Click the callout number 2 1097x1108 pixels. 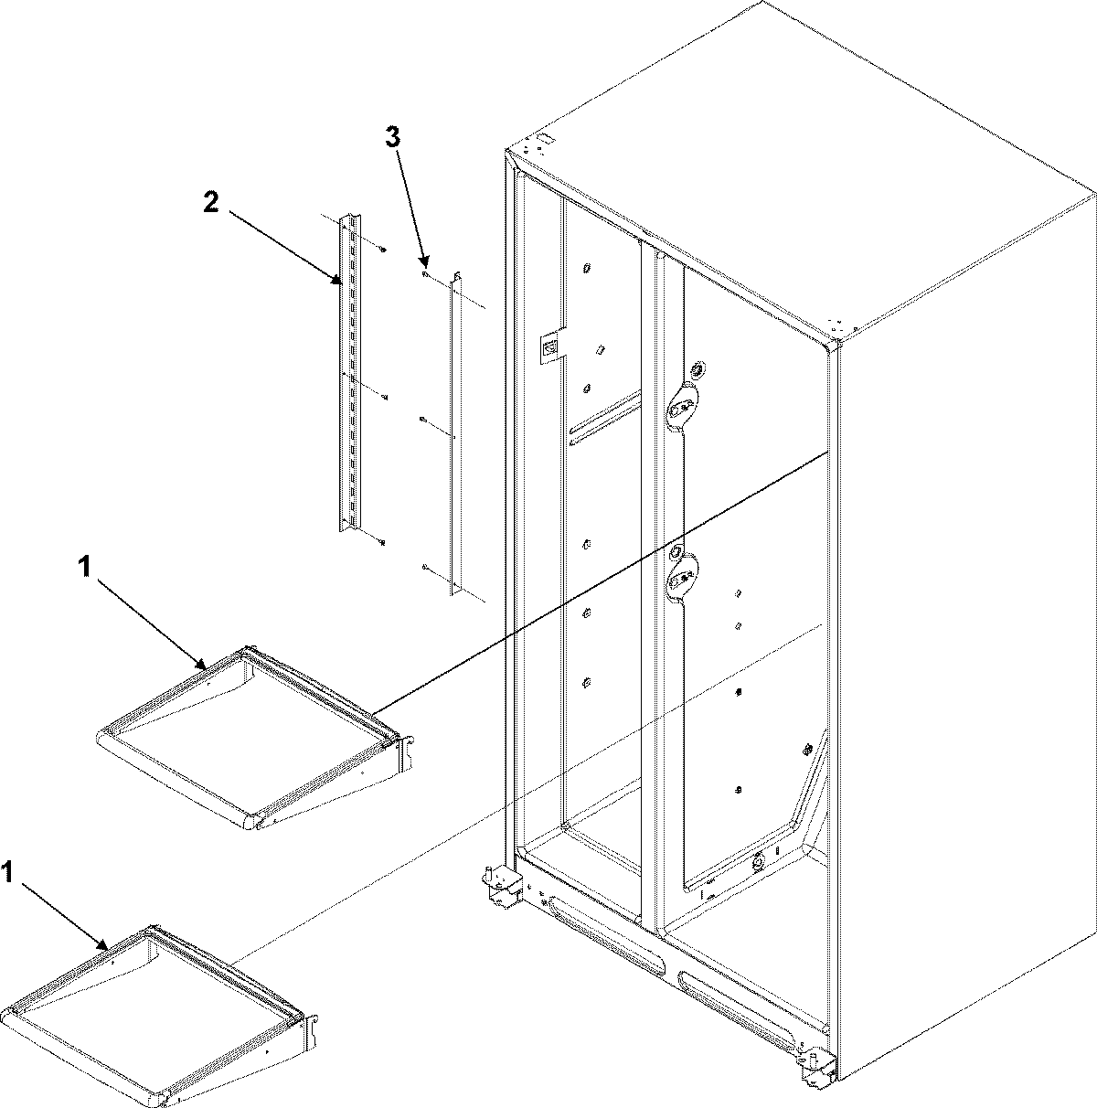click(x=211, y=204)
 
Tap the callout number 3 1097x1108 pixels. click(x=391, y=138)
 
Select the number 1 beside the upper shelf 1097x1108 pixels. click(x=83, y=569)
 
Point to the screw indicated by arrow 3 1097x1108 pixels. click(x=426, y=273)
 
